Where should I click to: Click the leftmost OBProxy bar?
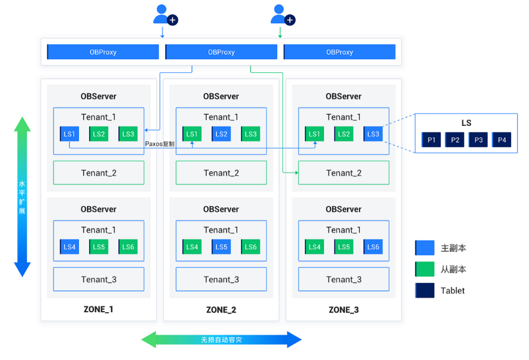click(103, 52)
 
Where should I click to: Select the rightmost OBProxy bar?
click(340, 52)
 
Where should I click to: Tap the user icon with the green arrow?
click(283, 15)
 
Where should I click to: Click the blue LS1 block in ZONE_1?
click(70, 134)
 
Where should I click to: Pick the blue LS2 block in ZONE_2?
click(221, 134)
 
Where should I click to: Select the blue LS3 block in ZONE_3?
click(373, 134)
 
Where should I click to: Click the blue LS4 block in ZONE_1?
click(70, 247)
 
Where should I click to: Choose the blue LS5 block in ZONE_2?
click(221, 247)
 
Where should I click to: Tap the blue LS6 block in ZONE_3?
click(373, 247)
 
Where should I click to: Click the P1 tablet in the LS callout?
click(431, 140)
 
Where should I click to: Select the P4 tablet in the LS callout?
click(502, 140)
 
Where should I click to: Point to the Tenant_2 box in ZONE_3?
click(344, 173)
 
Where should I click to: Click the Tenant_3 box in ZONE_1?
click(98, 280)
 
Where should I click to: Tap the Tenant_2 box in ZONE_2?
click(221, 173)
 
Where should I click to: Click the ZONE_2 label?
click(221, 310)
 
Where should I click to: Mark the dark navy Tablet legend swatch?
click(425, 290)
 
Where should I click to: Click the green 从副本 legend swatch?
click(425, 269)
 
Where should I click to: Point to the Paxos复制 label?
click(160, 144)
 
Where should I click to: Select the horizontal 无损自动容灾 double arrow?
click(221, 339)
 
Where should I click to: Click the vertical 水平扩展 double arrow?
click(22, 197)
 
